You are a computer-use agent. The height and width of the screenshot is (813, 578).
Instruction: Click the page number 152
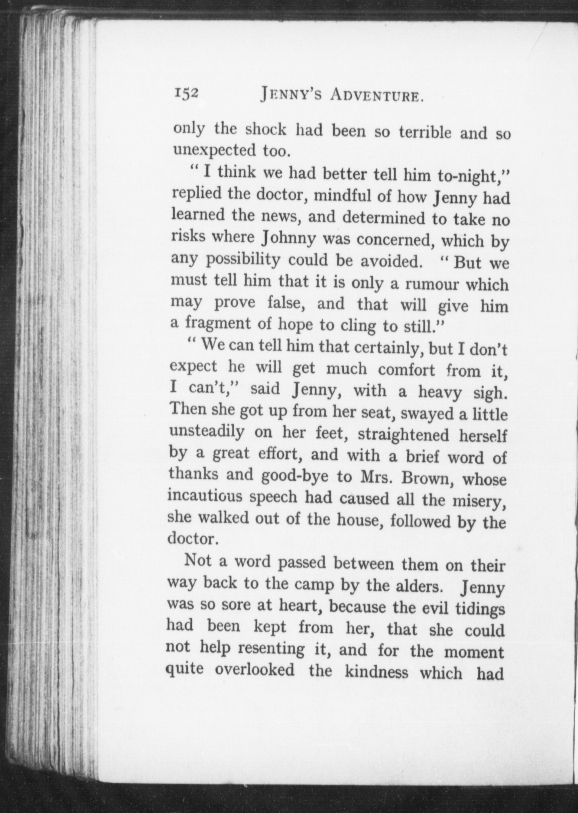tap(186, 94)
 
